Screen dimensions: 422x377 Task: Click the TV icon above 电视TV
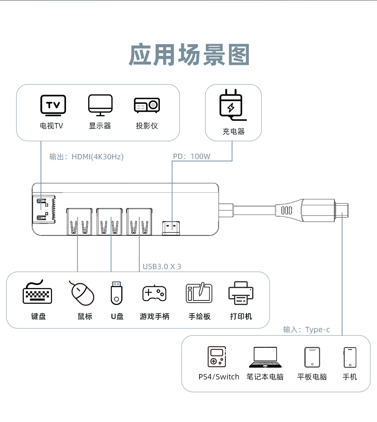click(x=53, y=105)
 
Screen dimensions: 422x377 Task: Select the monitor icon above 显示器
click(x=100, y=105)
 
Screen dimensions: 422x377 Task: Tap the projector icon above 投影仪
click(x=147, y=105)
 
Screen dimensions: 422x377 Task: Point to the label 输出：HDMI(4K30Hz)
click(x=86, y=157)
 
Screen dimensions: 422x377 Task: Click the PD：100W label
click(x=192, y=157)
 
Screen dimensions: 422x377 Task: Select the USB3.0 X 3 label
click(x=162, y=266)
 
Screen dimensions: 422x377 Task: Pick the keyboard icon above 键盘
click(x=38, y=293)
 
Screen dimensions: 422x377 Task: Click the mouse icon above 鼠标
click(x=83, y=293)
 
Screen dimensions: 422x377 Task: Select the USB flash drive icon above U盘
click(x=116, y=293)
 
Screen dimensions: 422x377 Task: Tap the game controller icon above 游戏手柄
click(x=154, y=293)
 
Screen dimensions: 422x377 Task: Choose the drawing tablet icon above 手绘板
click(x=199, y=293)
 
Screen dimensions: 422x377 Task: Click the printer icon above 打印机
click(x=241, y=293)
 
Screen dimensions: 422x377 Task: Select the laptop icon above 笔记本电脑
click(x=265, y=357)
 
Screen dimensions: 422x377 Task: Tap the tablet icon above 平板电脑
click(x=312, y=357)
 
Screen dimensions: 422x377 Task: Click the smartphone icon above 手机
click(x=350, y=357)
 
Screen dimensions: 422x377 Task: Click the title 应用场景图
click(x=189, y=55)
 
